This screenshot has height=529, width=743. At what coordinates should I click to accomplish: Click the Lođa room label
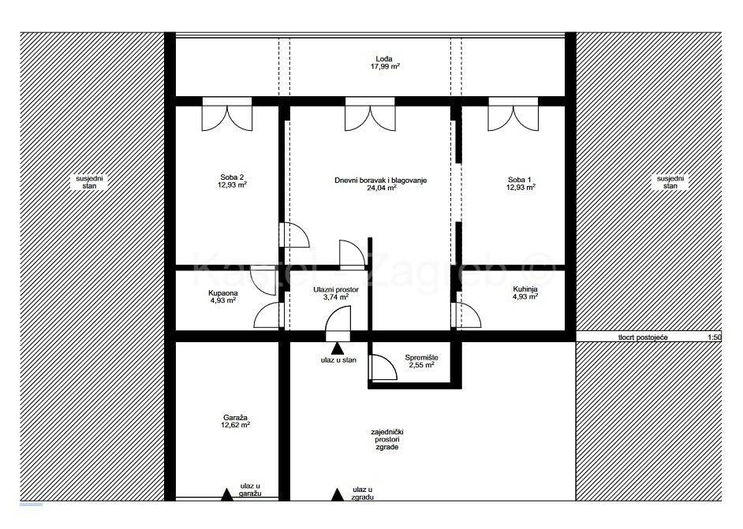tap(384, 59)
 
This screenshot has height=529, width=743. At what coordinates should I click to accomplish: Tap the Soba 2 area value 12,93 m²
tap(232, 184)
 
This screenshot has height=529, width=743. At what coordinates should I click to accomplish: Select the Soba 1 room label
tap(519, 180)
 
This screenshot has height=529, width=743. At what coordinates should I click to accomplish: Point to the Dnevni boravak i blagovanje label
tap(381, 180)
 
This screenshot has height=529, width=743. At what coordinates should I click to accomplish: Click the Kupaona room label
tap(222, 293)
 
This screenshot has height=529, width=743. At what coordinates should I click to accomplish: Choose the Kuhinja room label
tap(525, 289)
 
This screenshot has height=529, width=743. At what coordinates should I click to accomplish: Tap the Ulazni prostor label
tap(336, 290)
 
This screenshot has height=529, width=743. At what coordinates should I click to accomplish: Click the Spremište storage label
tap(421, 358)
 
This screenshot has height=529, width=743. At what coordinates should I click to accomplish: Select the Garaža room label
tap(236, 418)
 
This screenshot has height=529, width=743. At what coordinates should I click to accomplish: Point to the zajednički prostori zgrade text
tap(387, 439)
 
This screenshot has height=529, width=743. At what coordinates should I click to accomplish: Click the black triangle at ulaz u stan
tap(337, 348)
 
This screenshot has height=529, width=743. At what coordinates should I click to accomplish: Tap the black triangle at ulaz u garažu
tap(227, 495)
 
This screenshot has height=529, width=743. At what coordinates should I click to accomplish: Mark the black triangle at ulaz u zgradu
tap(337, 495)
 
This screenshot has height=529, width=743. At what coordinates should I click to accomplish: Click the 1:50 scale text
tap(714, 337)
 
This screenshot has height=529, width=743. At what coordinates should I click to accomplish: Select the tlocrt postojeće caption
tap(643, 337)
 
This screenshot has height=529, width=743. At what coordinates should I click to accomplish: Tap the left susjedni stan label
tap(89, 182)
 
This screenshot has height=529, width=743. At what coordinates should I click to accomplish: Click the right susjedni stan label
tap(670, 182)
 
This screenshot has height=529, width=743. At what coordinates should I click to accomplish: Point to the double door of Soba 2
tap(227, 114)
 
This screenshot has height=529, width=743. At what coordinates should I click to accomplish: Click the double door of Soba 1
tap(513, 114)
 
